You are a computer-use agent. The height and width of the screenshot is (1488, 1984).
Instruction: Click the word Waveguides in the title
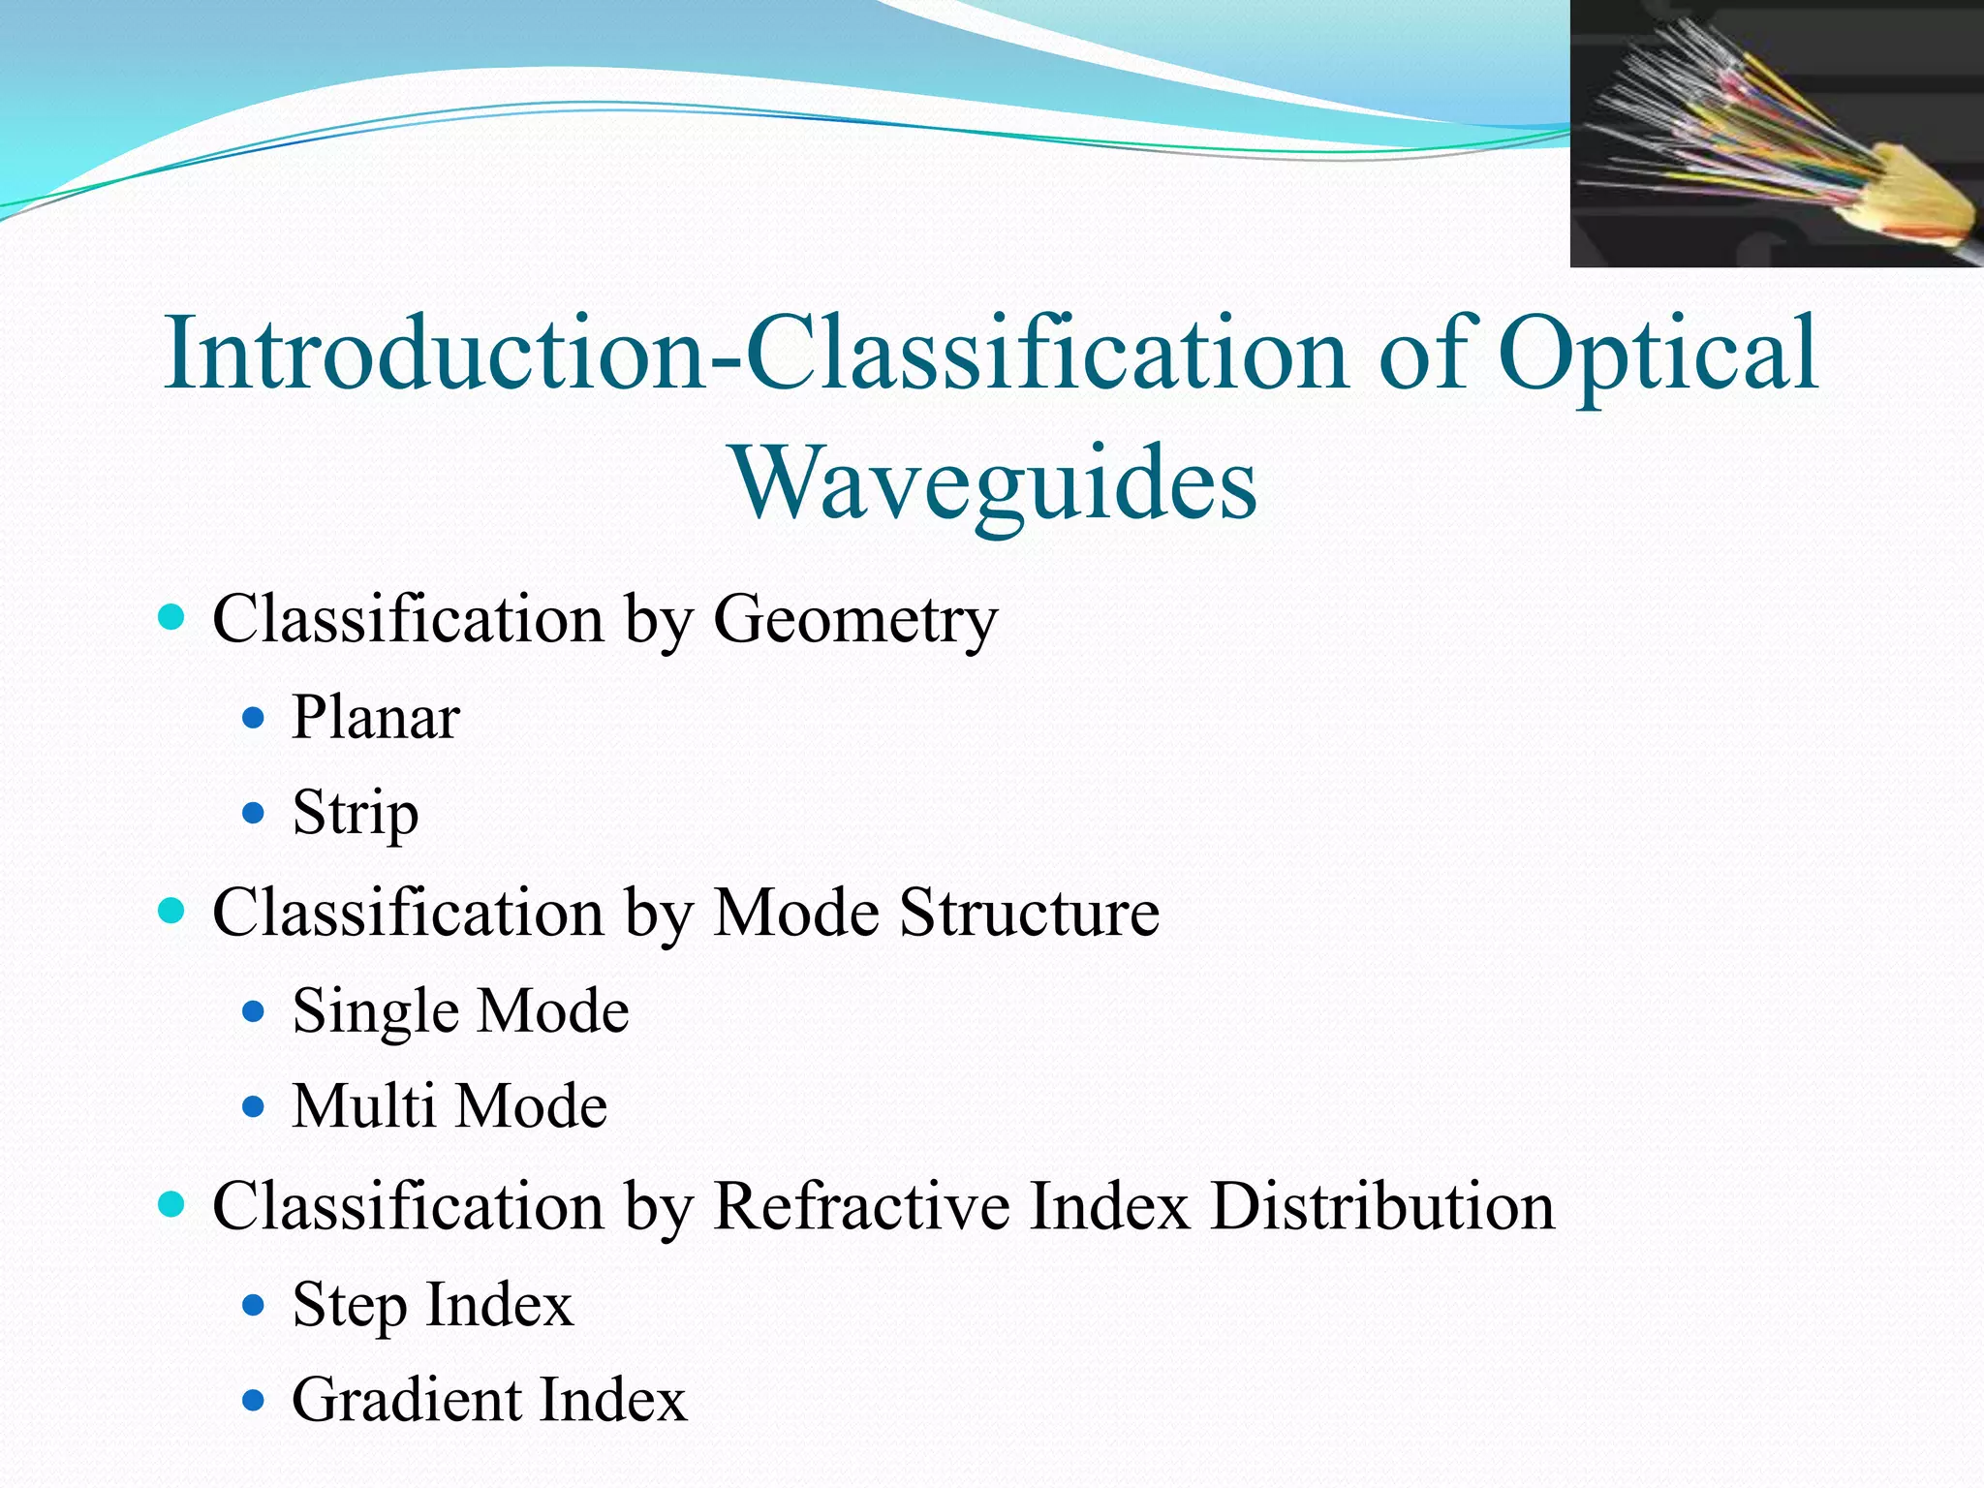(995, 481)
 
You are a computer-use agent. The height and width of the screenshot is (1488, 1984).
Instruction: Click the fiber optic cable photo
(1776, 134)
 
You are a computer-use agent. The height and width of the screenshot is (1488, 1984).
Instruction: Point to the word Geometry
(855, 619)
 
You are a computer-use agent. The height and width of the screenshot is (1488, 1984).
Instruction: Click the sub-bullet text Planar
(376, 718)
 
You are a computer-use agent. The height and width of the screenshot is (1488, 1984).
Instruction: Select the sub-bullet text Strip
(356, 813)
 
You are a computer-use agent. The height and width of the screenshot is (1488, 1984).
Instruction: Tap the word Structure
(1029, 913)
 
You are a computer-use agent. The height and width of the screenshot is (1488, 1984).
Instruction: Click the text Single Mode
(461, 1011)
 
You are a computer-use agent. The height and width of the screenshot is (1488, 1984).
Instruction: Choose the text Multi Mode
(449, 1106)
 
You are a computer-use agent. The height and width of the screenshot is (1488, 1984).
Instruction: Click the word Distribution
(1382, 1207)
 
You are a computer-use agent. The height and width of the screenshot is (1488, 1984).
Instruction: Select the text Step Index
(433, 1305)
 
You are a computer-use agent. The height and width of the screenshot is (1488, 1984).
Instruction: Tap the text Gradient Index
(489, 1400)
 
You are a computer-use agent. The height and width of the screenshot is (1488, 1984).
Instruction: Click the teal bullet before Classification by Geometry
(171, 617)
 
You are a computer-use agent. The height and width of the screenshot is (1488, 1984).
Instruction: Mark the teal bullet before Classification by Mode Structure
(171, 911)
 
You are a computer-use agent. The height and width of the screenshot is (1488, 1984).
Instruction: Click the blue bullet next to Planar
(254, 718)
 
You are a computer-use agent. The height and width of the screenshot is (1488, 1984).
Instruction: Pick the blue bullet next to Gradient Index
(254, 1400)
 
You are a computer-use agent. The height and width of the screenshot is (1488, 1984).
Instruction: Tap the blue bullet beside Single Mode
(254, 1011)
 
